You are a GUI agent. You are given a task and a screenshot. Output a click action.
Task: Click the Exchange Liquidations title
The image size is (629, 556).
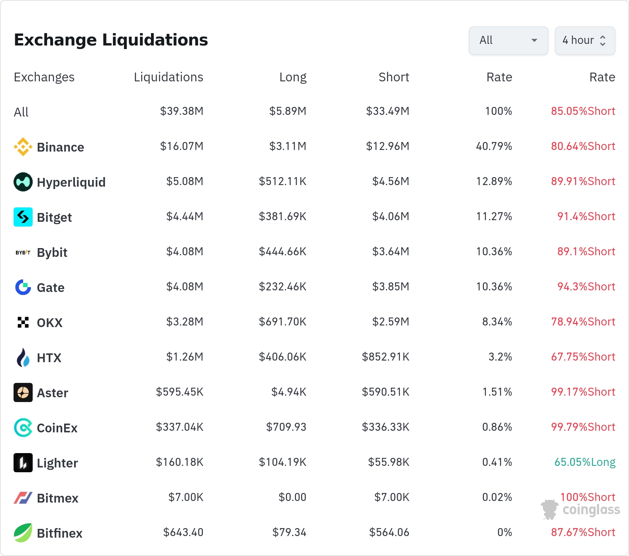(111, 40)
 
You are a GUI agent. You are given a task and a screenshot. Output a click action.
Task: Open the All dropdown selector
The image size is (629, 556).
(508, 40)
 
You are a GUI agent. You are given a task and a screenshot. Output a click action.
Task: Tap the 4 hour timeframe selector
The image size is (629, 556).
(585, 40)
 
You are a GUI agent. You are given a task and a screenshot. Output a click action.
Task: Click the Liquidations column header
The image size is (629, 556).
(169, 77)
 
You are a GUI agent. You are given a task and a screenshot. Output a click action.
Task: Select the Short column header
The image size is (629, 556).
(394, 77)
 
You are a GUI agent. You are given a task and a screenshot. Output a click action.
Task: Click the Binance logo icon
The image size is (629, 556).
(23, 147)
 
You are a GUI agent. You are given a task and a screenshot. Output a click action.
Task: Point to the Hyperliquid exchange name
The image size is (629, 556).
(71, 182)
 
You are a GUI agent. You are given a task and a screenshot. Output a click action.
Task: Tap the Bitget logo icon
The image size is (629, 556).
(23, 217)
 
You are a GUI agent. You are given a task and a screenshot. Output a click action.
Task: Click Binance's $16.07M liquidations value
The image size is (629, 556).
(182, 146)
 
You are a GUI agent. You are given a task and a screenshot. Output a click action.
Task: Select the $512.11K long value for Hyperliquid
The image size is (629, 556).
(283, 181)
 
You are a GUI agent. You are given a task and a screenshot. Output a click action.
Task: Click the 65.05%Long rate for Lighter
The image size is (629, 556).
(585, 462)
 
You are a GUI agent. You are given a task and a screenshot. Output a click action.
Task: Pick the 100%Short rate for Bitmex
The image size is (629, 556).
(588, 497)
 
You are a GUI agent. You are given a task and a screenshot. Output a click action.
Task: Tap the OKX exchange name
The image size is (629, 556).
(50, 323)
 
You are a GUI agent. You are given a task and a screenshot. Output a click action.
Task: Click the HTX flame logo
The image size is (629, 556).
(23, 357)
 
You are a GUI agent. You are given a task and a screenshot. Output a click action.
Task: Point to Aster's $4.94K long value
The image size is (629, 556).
(289, 392)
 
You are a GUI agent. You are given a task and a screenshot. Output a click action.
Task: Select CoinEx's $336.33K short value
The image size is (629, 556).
(385, 427)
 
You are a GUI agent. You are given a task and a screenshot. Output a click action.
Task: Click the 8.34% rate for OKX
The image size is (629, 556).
(497, 321)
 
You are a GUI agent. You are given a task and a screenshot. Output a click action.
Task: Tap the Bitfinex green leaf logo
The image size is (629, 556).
(23, 533)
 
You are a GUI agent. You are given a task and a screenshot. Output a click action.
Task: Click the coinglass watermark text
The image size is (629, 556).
(591, 510)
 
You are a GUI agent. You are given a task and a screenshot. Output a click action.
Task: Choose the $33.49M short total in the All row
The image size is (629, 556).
(388, 111)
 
